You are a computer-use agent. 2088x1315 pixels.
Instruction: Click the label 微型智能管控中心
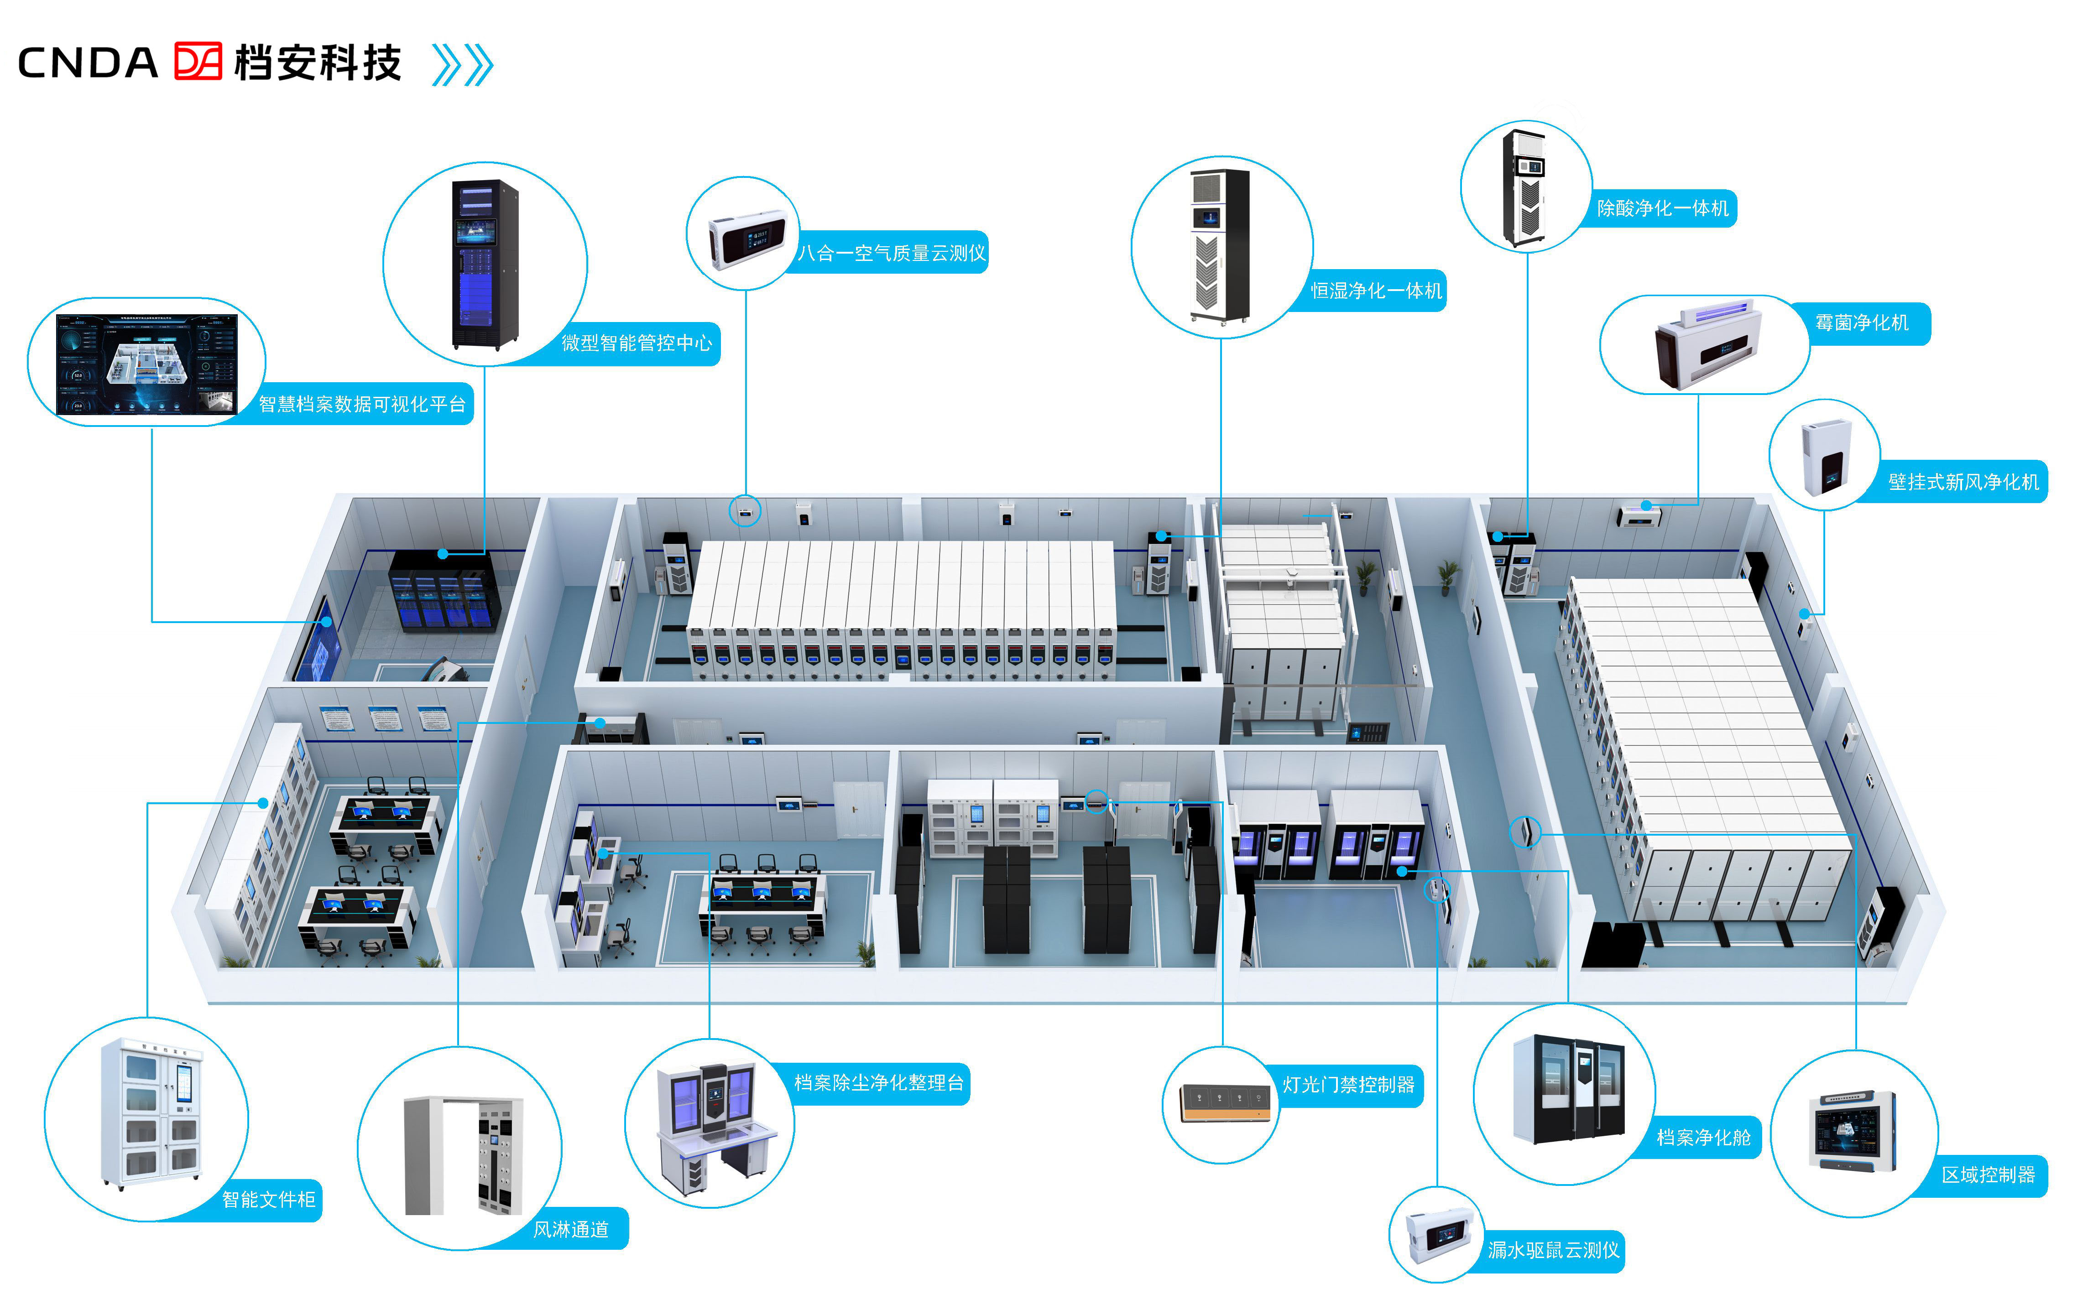coord(637,343)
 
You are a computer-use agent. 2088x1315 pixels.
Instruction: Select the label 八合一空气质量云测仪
coord(892,253)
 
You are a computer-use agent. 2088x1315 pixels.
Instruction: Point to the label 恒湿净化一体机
coord(1376,291)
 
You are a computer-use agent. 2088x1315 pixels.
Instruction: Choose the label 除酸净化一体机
coord(1662,208)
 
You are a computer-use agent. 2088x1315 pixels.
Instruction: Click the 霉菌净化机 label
coord(1862,322)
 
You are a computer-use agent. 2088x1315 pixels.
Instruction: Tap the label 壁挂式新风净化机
coord(1963,482)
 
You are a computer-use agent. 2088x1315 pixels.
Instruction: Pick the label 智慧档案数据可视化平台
coord(362,404)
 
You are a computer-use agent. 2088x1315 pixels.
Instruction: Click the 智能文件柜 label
coord(269,1200)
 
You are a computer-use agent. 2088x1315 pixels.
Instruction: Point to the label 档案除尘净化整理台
coord(878,1083)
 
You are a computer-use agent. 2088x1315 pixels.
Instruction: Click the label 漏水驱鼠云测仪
coord(1553,1250)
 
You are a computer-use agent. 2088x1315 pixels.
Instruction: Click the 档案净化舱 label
coord(1703,1137)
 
